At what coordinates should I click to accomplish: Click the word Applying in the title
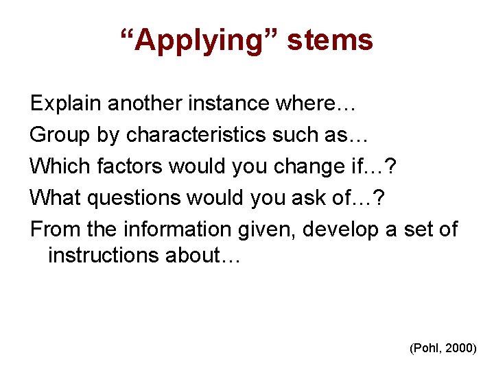point(200,40)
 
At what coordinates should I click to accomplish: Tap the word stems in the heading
point(330,40)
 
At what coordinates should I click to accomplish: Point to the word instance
point(234,103)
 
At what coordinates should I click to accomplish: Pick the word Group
point(60,135)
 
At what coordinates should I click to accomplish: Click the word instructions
point(104,255)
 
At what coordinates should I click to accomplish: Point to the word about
point(201,255)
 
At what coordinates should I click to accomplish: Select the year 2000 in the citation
point(460,349)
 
